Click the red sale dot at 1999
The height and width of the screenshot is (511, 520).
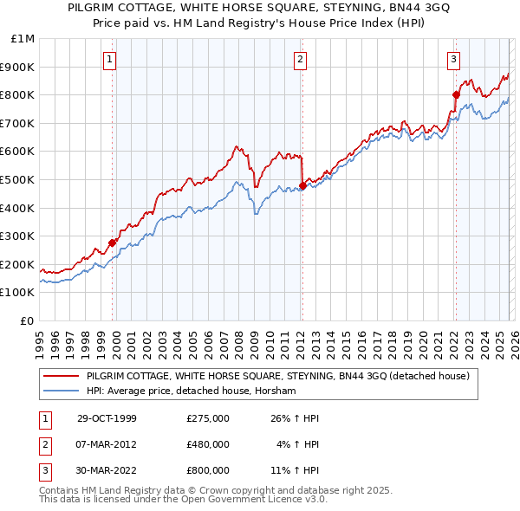[113, 243]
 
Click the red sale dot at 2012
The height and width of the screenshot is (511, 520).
[302, 184]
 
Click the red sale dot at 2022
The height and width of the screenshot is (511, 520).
[456, 94]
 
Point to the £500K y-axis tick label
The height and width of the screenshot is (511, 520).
[17, 179]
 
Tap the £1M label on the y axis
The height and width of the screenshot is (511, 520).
[23, 38]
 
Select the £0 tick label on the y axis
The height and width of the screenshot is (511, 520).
[27, 320]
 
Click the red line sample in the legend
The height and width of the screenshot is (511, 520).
[62, 376]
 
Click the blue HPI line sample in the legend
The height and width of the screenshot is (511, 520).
[62, 391]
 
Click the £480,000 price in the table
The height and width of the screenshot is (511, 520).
[208, 444]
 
